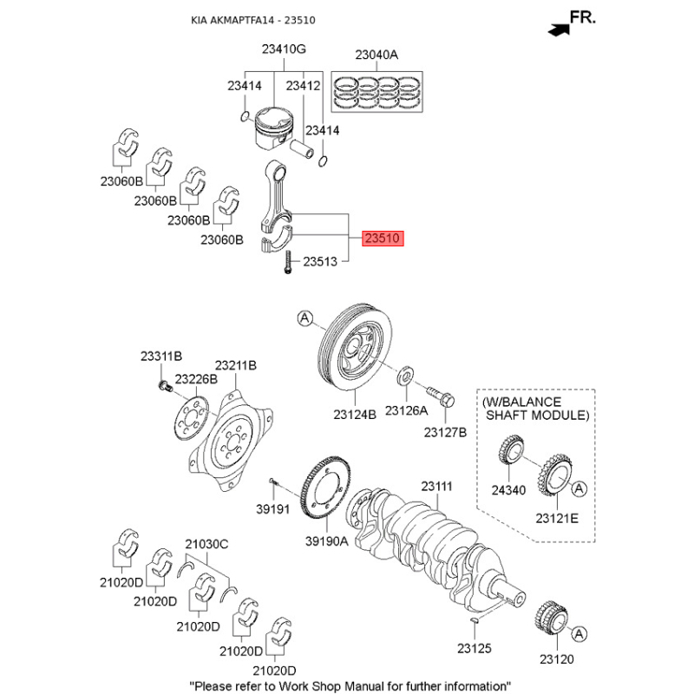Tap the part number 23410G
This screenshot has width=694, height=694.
(x=285, y=49)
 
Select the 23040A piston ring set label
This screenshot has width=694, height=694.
(x=376, y=56)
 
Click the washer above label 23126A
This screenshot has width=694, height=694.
(x=405, y=377)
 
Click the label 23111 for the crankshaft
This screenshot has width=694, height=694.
(x=437, y=488)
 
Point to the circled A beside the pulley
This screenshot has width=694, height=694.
(x=304, y=319)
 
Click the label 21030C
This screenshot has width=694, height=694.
(x=206, y=544)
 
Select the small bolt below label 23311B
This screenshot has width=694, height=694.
(x=162, y=384)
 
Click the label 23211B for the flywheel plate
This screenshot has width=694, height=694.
(x=236, y=365)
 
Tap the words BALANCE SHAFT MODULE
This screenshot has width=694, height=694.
(x=535, y=409)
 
